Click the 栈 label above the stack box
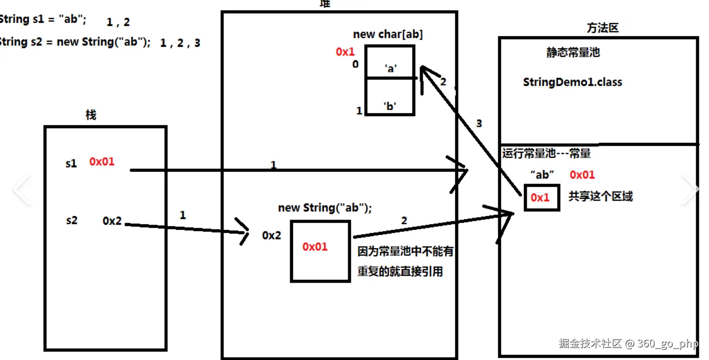click(x=91, y=115)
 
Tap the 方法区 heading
click(x=602, y=28)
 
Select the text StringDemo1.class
click(x=572, y=82)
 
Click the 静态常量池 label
click(x=573, y=52)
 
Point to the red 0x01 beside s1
click(x=102, y=161)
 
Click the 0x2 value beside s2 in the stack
click(x=112, y=221)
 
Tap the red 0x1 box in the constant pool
click(x=542, y=197)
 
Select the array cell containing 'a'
click(x=390, y=62)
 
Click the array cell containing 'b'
click(x=390, y=97)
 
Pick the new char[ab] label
click(x=388, y=34)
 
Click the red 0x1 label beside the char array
click(x=345, y=52)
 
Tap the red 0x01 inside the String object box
click(x=315, y=247)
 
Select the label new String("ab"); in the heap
click(x=325, y=208)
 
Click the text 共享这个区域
click(x=600, y=196)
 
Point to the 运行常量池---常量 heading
click(x=546, y=153)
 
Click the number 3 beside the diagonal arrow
click(x=479, y=124)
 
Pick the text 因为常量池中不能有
click(x=405, y=251)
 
